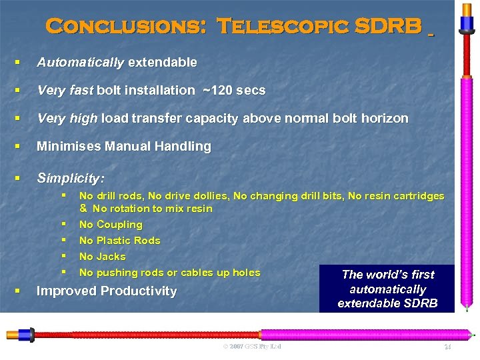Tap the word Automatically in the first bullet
[80, 63]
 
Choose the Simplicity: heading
[70, 178]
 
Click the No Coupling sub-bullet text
[111, 225]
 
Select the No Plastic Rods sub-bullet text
[119, 241]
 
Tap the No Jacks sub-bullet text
[102, 257]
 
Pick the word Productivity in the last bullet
[142, 291]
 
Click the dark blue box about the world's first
[387, 289]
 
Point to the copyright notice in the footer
[252, 347]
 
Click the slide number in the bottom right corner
[447, 347]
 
